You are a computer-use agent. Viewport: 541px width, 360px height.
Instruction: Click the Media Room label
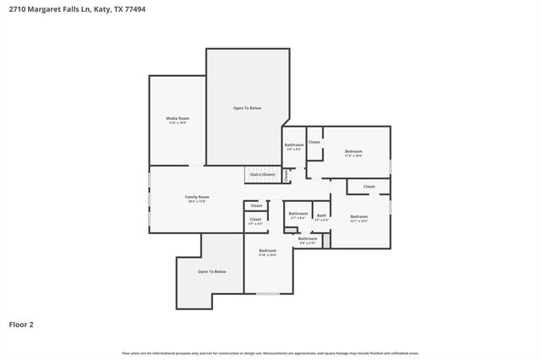177,119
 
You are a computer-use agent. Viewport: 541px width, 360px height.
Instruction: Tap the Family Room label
197,197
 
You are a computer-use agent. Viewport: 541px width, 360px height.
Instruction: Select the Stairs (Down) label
262,174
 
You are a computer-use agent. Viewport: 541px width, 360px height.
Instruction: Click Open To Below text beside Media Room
248,108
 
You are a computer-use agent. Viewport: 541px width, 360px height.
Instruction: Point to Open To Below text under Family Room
212,271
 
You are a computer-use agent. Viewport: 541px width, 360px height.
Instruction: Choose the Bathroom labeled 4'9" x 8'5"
293,145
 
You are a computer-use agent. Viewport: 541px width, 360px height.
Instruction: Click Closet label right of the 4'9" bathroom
314,142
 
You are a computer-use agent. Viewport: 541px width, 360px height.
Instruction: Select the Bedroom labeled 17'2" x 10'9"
353,153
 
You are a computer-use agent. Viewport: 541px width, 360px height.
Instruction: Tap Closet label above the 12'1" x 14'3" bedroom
369,186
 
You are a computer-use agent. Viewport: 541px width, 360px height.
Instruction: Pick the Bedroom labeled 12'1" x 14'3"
359,217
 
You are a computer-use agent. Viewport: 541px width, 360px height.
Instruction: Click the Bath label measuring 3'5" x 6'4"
321,215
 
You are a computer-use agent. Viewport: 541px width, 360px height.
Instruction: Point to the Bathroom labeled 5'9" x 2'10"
306,239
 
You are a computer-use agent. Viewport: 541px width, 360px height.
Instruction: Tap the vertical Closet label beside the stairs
286,176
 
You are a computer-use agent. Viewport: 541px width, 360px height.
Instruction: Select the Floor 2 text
21,324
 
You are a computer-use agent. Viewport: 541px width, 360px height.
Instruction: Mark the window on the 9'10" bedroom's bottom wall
267,293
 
